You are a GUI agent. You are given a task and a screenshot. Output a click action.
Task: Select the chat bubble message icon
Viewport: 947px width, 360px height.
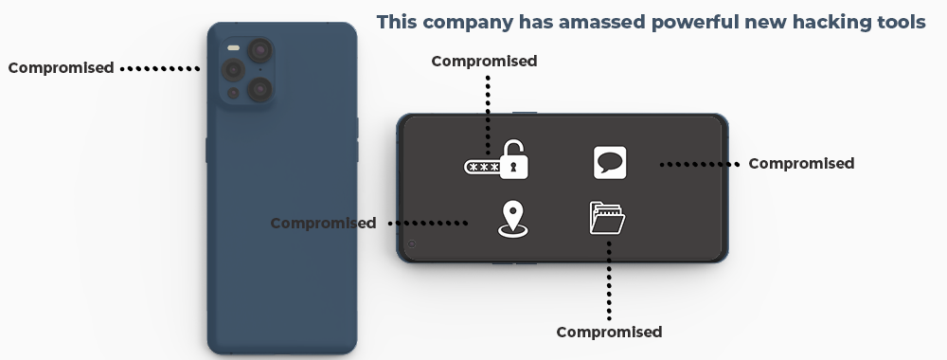[610, 162]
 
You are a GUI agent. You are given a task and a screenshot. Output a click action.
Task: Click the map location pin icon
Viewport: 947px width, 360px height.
[511, 218]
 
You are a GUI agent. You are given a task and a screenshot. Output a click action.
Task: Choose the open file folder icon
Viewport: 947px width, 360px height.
[607, 218]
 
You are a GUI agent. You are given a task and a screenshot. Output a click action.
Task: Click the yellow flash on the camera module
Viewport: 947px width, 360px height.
[233, 45]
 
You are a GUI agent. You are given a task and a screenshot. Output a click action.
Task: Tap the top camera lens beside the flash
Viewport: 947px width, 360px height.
[258, 49]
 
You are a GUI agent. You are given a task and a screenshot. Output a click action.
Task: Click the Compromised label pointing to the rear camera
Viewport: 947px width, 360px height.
[61, 67]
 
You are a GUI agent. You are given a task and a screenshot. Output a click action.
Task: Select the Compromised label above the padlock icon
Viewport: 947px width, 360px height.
[484, 62]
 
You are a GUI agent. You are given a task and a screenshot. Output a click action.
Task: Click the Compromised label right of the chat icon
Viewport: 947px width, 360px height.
[801, 164]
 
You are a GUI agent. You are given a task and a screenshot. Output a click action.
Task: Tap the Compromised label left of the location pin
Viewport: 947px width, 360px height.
[323, 224]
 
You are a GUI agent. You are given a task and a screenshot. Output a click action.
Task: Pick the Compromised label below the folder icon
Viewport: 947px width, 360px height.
[609, 332]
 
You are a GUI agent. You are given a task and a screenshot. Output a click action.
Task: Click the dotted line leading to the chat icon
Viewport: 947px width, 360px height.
[699, 164]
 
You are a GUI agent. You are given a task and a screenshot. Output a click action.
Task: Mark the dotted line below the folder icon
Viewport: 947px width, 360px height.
[609, 279]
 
